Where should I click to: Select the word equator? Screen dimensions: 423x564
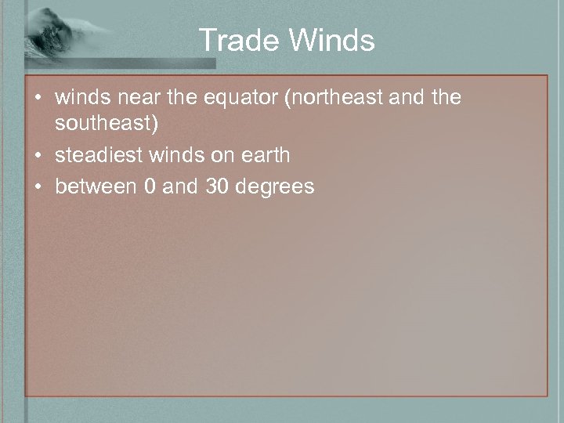(246, 99)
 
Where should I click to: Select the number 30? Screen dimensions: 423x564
(221, 186)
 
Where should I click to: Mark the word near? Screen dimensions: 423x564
(136, 99)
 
